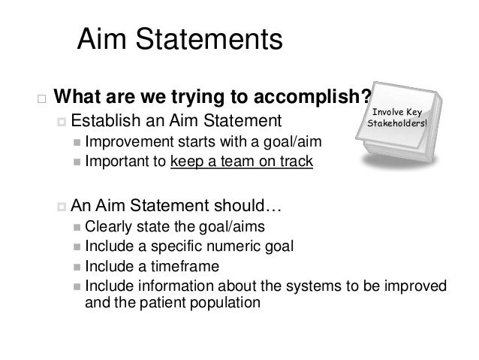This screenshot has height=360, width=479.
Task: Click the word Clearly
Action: coord(107,225)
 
